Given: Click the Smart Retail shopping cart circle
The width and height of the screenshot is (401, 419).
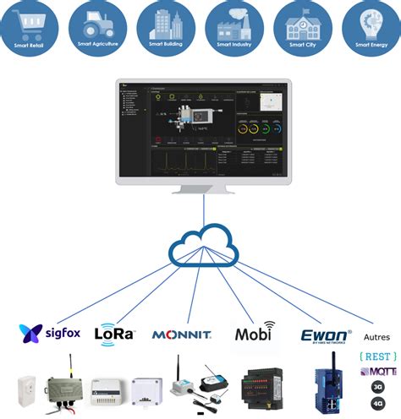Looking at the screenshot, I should (x=30, y=27).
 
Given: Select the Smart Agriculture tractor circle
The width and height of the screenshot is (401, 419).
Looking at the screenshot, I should (x=98, y=27).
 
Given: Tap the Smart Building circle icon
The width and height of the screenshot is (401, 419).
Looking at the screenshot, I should (x=166, y=27).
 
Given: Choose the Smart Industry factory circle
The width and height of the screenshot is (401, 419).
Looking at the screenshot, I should (x=234, y=27).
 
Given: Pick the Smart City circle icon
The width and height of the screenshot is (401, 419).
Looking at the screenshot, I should (x=302, y=27).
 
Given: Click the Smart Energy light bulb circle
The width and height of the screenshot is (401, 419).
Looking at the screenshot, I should (x=371, y=27).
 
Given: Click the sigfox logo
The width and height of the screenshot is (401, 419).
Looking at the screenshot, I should (x=50, y=332).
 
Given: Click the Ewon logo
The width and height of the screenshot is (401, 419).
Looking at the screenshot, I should (x=326, y=335).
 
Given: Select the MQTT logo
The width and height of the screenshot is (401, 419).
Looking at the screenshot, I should (x=376, y=373).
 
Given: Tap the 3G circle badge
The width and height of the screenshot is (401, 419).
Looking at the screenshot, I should (x=376, y=388).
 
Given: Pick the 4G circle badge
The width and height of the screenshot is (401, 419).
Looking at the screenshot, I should (x=376, y=405).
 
